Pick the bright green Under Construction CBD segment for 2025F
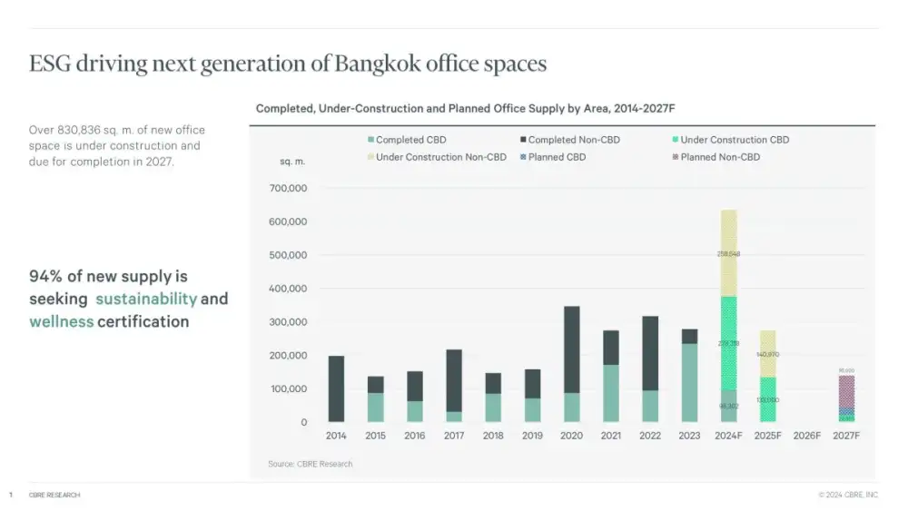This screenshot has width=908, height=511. point(768,399)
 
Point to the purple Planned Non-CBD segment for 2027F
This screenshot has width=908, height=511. point(846,390)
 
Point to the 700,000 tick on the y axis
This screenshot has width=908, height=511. point(290,189)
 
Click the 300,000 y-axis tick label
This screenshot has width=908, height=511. point(290,322)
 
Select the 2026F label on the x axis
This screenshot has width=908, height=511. point(807,436)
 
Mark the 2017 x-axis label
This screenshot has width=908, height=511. point(454,436)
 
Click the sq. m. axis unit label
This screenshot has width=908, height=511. point(292,162)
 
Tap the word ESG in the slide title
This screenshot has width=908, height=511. point(48,64)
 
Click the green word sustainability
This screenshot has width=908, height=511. point(146,299)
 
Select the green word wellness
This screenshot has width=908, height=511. point(62,321)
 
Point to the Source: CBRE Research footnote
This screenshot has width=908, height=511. point(311,464)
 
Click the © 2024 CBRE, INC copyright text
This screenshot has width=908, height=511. point(848,495)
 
